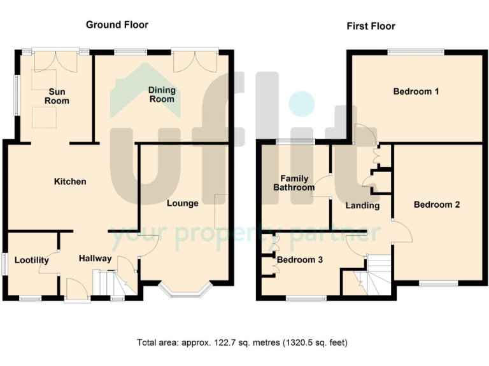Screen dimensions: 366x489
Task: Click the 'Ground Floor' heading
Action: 117,25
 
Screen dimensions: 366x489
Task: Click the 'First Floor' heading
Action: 371,26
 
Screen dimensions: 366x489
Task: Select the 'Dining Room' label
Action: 161,95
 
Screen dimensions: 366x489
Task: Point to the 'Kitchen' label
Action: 69,182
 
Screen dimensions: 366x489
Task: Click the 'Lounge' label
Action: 183,203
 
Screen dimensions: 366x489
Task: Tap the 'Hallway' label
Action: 95,259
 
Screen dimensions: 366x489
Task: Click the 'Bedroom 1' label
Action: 416,91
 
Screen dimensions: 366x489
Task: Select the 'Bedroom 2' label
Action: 436,205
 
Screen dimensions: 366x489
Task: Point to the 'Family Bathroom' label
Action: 294,183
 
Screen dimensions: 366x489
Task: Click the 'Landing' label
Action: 362,205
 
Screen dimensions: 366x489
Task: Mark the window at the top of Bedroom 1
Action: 416,51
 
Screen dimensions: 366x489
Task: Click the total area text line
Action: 243,342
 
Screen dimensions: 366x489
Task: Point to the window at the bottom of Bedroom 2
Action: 438,283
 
